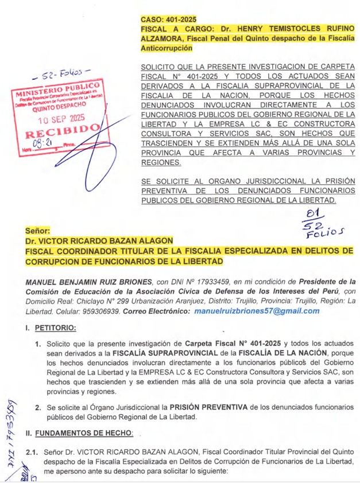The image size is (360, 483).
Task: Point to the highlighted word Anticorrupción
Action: click(166, 49)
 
